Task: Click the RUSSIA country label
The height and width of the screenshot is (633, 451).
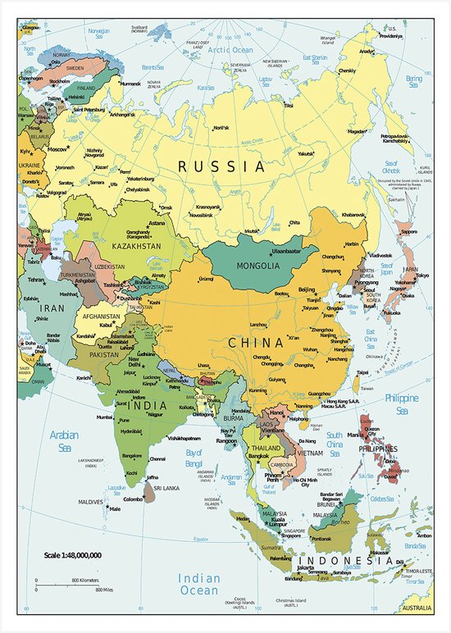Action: click(x=222, y=166)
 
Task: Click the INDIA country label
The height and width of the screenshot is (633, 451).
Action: click(x=146, y=405)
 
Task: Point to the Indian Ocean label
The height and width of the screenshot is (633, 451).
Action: click(x=199, y=584)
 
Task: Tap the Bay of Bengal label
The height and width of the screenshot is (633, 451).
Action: click(x=194, y=457)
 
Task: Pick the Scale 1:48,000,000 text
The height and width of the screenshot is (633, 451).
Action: click(x=73, y=555)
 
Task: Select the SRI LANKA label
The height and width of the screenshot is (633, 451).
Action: click(x=171, y=488)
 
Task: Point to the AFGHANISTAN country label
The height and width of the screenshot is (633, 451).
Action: click(x=101, y=316)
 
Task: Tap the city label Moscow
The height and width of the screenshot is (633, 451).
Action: click(x=57, y=150)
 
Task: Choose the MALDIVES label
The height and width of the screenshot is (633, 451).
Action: click(x=90, y=501)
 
